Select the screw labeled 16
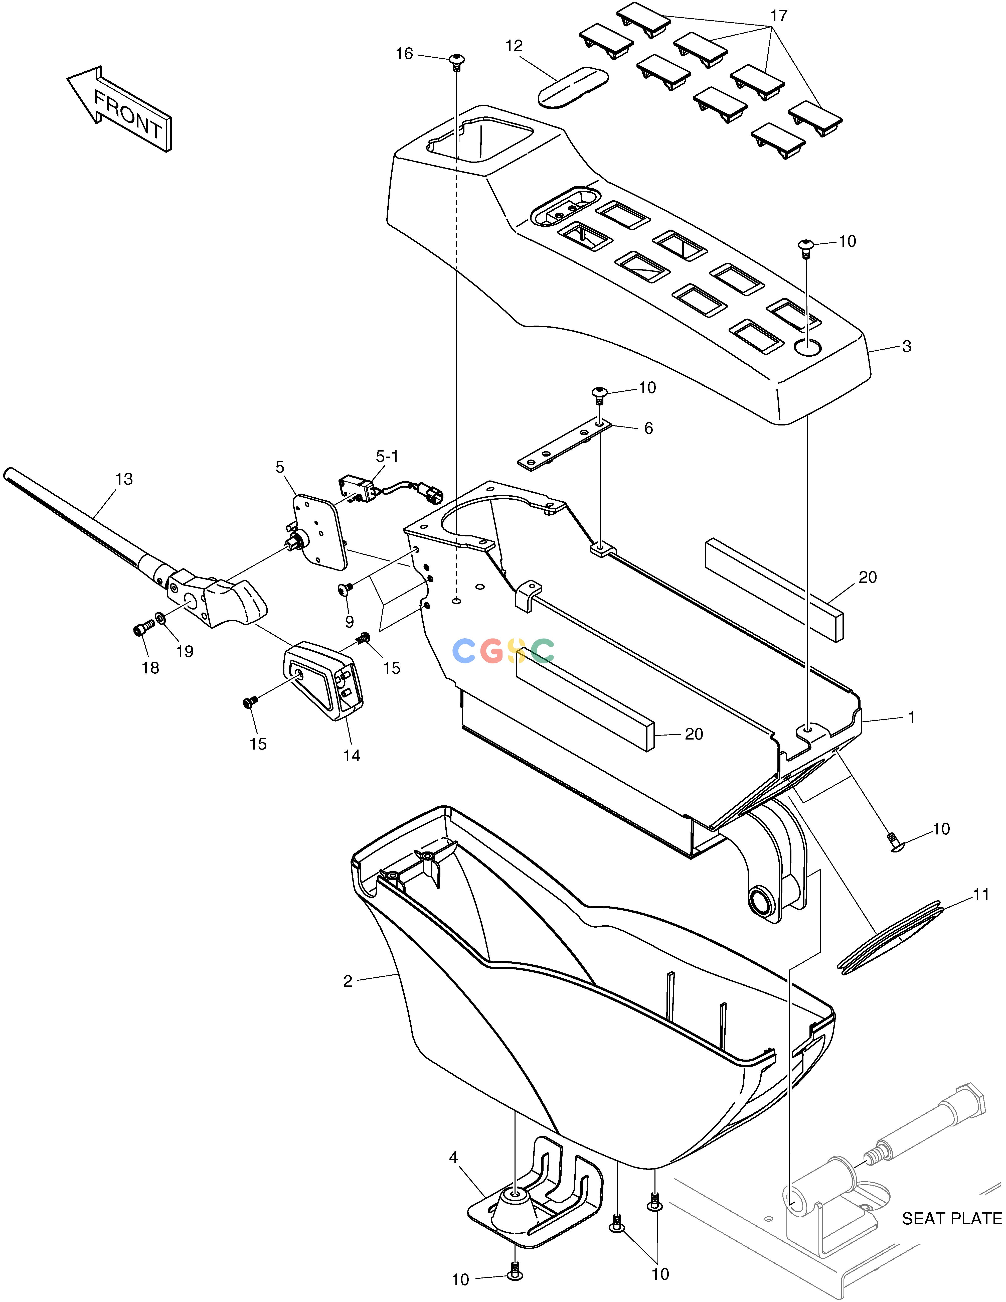click(456, 62)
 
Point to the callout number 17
click(779, 16)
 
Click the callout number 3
click(906, 346)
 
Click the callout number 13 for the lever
click(124, 479)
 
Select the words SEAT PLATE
click(952, 1219)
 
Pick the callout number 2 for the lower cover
click(348, 981)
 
